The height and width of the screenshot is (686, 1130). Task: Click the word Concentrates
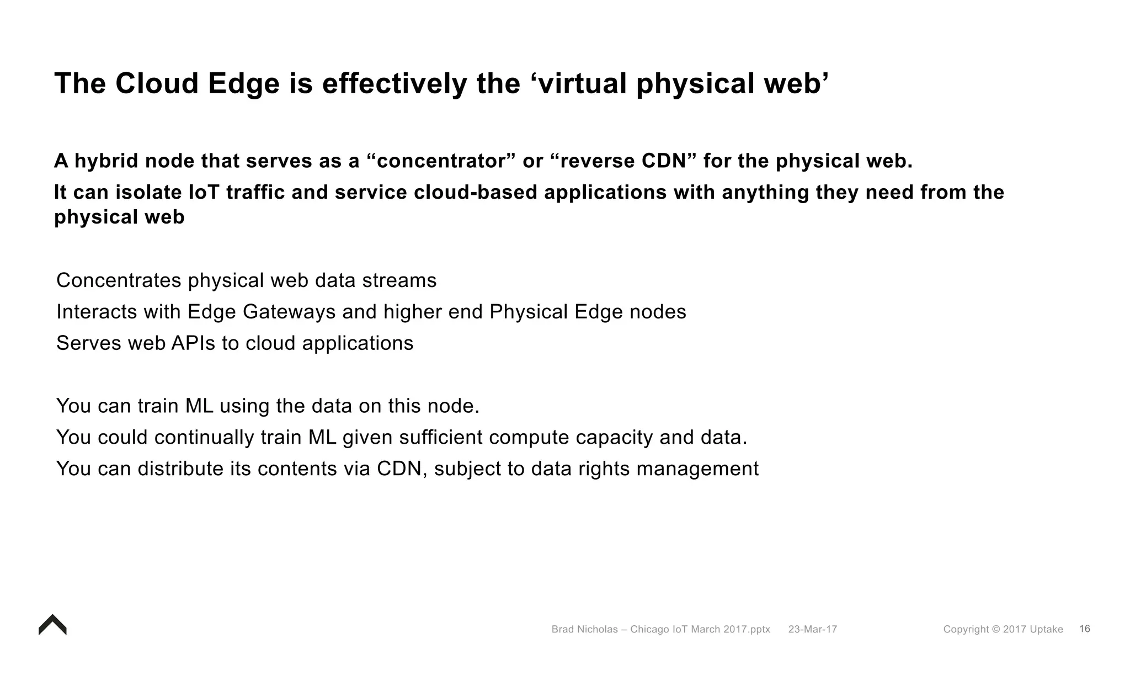click(119, 280)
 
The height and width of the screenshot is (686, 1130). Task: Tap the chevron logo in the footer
click(52, 625)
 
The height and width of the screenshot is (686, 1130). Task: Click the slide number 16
click(1084, 629)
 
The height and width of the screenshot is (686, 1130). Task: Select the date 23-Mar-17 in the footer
click(812, 629)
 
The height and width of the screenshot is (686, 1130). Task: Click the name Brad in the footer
click(563, 629)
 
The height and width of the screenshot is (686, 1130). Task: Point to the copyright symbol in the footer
click(995, 629)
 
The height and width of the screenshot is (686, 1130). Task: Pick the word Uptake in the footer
click(1046, 629)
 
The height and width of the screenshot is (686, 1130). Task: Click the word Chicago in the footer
click(649, 629)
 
